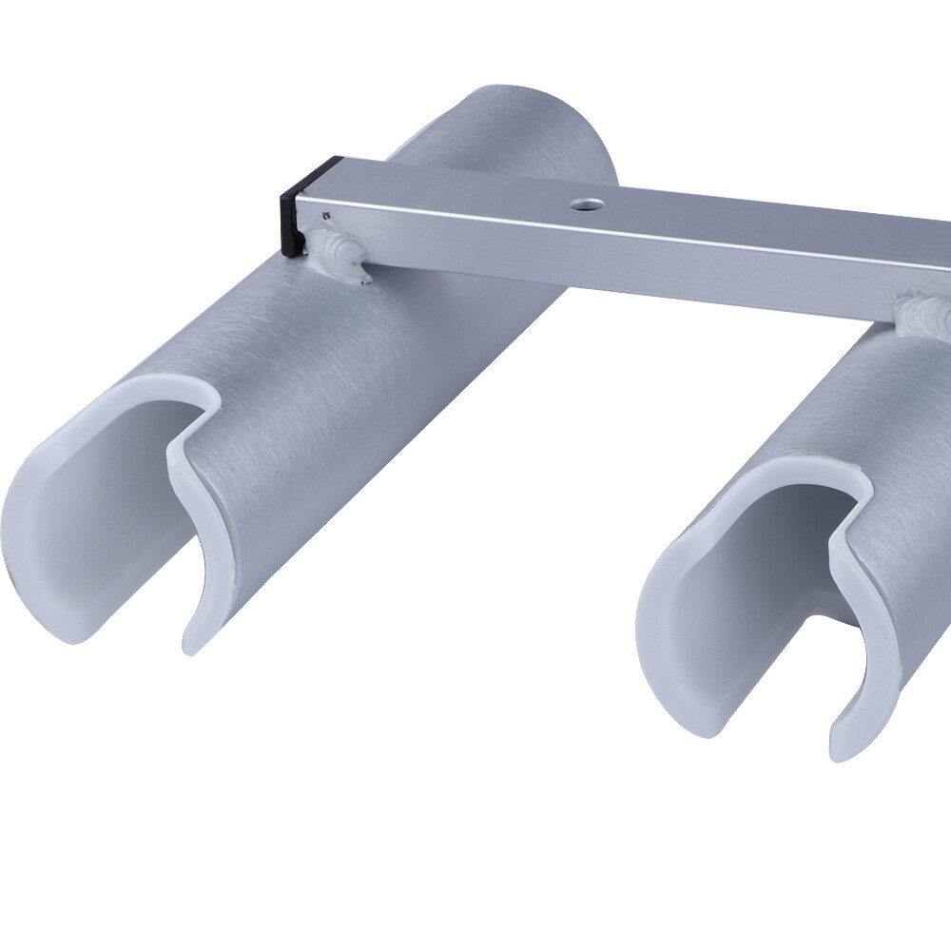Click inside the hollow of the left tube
pos(114,495)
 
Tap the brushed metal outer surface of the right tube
pos(903,428)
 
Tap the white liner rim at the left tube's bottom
pos(57,609)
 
